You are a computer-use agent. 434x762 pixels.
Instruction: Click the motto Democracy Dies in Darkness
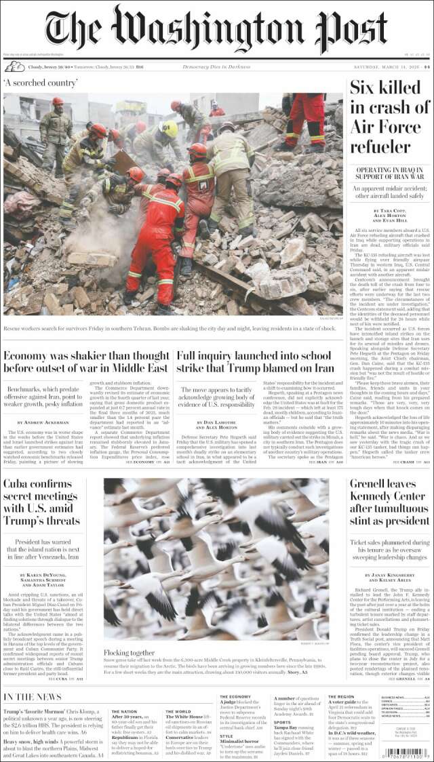216,66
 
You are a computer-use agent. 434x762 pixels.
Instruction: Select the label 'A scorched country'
40,83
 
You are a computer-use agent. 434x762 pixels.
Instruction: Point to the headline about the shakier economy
86,361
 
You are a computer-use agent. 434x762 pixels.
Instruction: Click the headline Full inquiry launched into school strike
254,361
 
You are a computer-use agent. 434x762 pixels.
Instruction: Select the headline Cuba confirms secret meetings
42,502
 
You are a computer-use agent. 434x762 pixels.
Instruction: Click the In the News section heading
33,698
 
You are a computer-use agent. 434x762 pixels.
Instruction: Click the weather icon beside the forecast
14,66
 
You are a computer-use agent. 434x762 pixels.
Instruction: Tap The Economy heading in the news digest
235,697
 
